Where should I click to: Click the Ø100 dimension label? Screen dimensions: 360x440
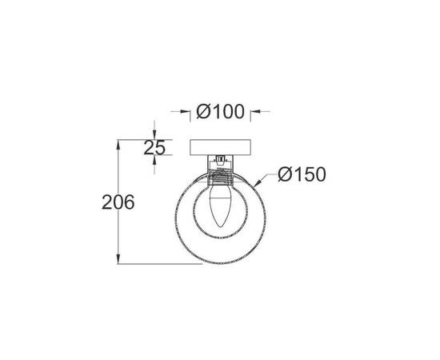(220, 113)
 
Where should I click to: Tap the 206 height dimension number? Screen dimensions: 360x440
(118, 202)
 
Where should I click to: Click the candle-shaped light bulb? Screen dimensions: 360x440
(220, 206)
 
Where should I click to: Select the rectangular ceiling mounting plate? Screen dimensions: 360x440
(220, 148)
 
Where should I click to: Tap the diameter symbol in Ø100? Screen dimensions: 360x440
(202, 113)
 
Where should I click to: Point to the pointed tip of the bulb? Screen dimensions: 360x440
(220, 228)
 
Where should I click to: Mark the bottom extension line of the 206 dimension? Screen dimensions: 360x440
(160, 264)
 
